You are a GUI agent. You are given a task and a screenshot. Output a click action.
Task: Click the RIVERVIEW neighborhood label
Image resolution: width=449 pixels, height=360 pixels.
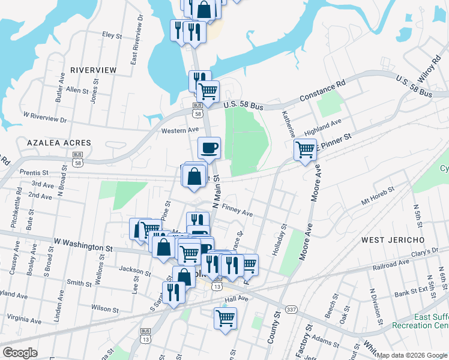point(93,70)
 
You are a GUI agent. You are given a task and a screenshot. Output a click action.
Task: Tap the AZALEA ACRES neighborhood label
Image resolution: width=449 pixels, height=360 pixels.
point(59,143)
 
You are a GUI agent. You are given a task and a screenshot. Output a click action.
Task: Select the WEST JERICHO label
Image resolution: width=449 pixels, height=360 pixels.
point(393,240)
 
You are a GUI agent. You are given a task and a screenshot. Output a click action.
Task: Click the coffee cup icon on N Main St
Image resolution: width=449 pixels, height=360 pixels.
point(209,148)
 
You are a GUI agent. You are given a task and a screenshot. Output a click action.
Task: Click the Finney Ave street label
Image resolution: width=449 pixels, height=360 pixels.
point(237,211)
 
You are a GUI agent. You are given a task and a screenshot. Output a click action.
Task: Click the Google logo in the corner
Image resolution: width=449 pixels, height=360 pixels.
point(20,353)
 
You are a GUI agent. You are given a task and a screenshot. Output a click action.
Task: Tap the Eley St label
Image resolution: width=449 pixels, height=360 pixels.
point(112,36)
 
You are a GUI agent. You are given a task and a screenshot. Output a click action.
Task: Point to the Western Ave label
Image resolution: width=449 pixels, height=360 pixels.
point(179,130)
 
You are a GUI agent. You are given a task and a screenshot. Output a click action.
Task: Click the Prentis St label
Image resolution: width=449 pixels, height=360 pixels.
point(34,173)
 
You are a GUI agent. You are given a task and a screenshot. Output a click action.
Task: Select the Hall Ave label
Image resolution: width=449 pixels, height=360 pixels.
point(236,299)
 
